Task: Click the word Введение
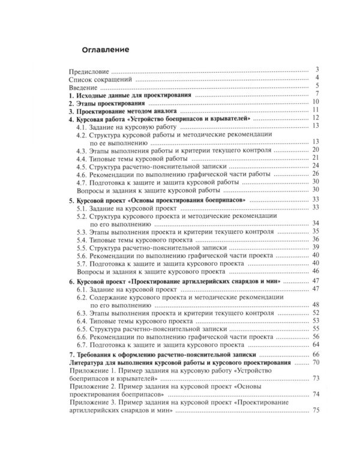tap(85, 87)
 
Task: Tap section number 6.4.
tap(82, 321)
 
